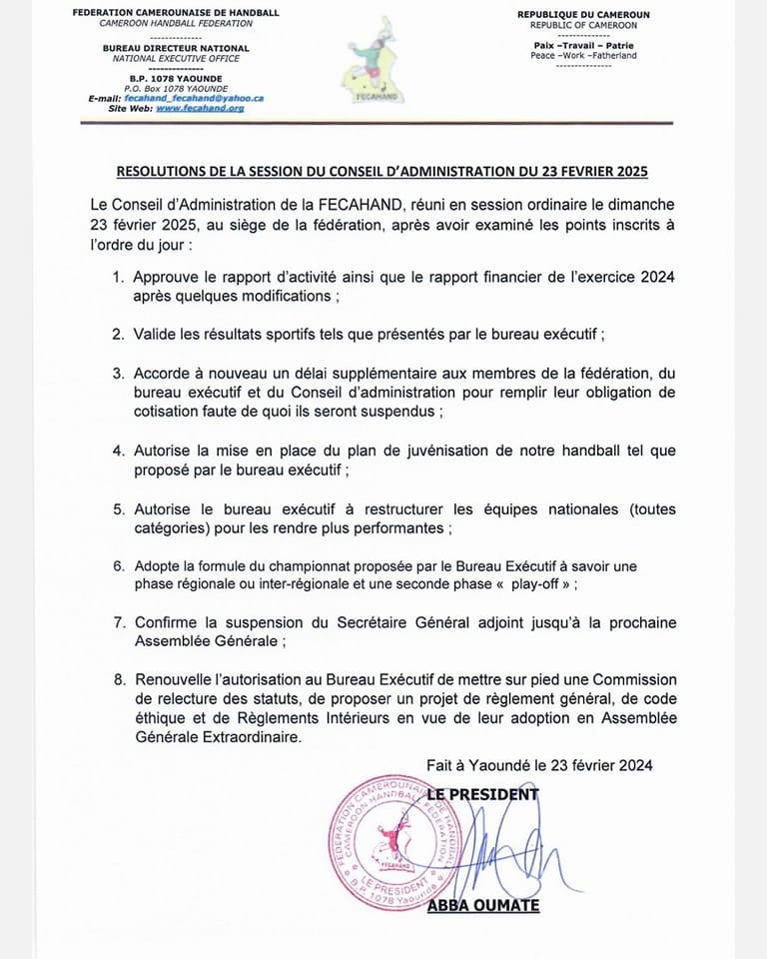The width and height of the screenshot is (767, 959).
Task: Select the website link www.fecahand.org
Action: (200, 108)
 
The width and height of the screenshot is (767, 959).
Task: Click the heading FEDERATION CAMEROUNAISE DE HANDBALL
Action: (177, 13)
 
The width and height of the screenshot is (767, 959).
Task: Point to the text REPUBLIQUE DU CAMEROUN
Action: (583, 13)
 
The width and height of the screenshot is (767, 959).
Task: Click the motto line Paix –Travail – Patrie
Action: (583, 46)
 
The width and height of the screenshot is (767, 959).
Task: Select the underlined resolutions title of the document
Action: (383, 172)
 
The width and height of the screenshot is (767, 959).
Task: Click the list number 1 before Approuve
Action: (117, 278)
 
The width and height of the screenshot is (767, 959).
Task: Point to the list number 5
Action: (117, 509)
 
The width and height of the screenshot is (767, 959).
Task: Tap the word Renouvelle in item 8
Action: (175, 679)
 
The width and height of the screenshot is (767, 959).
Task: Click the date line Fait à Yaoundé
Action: (539, 765)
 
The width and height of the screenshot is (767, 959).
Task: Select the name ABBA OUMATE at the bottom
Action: (483, 905)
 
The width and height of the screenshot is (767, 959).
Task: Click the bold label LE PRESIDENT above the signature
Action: (482, 794)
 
